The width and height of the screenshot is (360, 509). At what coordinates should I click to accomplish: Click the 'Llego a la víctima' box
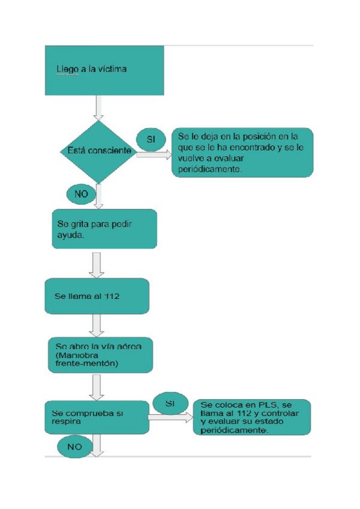(104, 70)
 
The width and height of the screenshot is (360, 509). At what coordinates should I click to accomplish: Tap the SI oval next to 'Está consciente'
(151, 139)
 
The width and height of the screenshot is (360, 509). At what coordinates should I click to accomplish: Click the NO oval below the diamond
(81, 193)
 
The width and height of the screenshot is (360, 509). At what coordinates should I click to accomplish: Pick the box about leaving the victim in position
(242, 152)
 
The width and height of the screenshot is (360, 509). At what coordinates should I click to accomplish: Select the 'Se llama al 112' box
(97, 296)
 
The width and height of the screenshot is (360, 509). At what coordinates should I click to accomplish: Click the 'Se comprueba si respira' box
(96, 417)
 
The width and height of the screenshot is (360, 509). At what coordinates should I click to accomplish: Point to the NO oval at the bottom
(74, 447)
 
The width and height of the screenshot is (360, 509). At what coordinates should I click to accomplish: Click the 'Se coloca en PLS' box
(252, 417)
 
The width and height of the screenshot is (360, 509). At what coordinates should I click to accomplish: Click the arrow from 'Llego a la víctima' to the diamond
(97, 108)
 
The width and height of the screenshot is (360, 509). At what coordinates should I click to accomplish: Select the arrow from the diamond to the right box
(154, 155)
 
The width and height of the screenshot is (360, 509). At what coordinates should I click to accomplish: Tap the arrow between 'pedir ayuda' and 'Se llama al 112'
(97, 265)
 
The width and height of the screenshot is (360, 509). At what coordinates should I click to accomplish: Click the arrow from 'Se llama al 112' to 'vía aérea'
(97, 326)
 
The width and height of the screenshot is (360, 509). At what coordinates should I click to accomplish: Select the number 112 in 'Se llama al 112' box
(114, 297)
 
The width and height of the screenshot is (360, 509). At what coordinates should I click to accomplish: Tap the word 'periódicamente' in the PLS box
(235, 430)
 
